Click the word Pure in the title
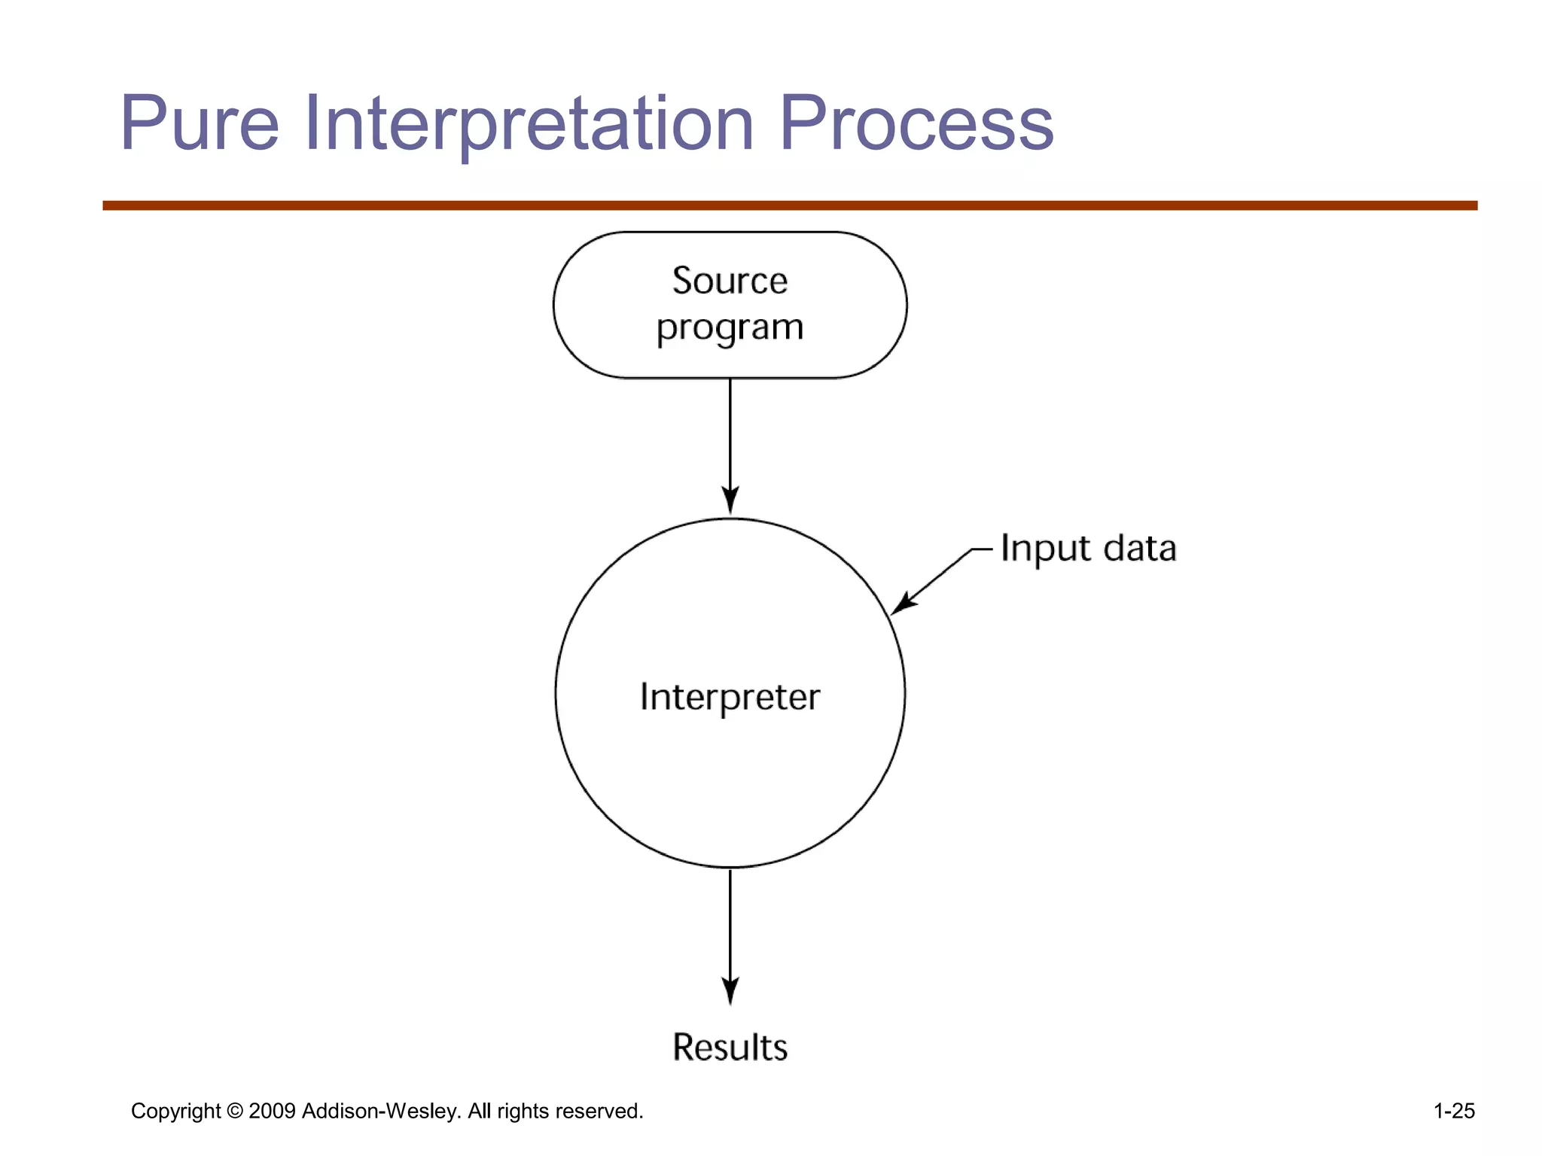(200, 123)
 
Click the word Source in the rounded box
(730, 281)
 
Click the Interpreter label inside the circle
(730, 697)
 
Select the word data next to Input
(1140, 549)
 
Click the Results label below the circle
(730, 1048)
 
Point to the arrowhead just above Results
(730, 991)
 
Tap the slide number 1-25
(1453, 1111)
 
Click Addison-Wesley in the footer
(381, 1111)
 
